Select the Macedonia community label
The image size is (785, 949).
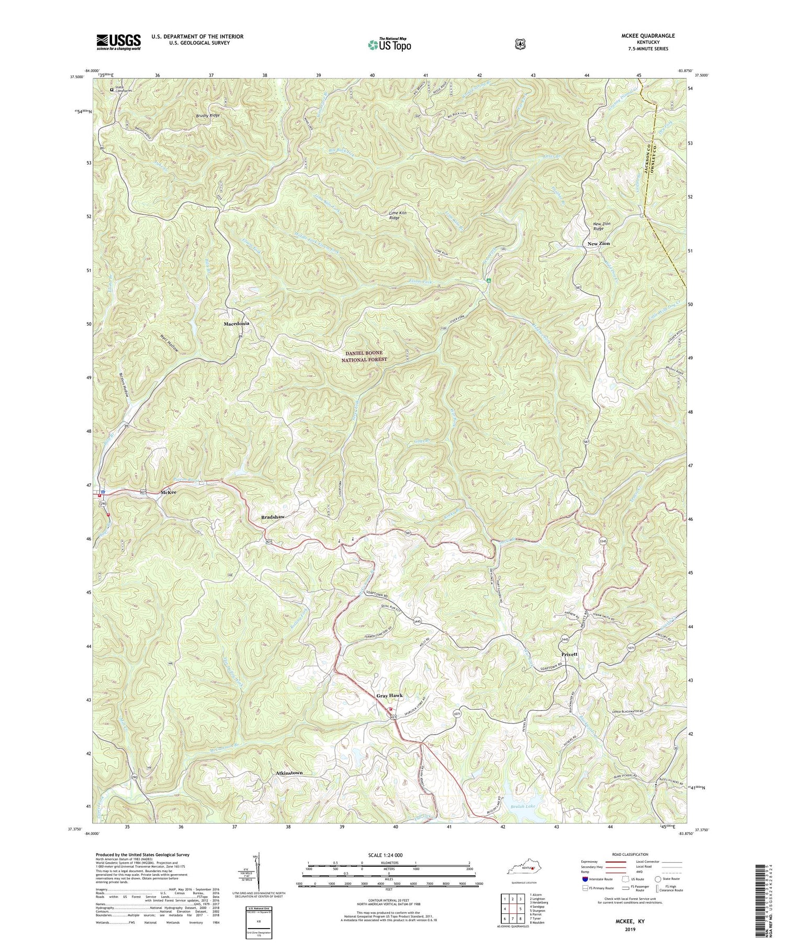(x=237, y=324)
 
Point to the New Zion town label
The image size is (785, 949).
(x=598, y=244)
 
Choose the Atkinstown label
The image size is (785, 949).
(x=289, y=773)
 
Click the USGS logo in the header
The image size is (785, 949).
(x=119, y=41)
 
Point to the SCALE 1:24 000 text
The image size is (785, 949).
(x=388, y=855)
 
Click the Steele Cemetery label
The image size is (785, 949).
(x=125, y=90)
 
